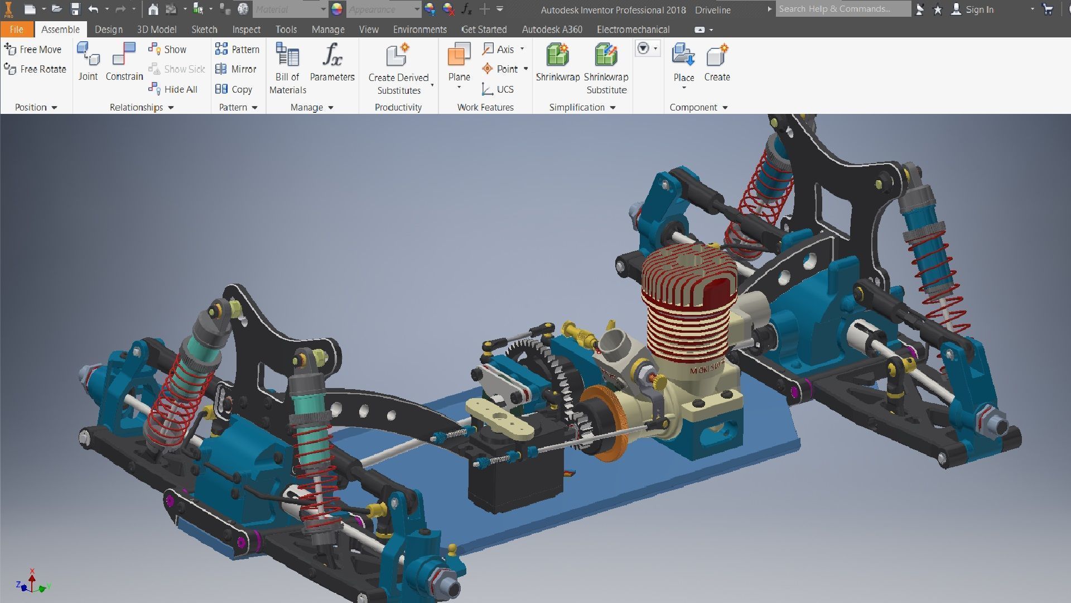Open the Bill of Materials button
tap(287, 56)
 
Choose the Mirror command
tap(237, 69)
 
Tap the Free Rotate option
tap(36, 69)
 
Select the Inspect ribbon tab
tap(246, 30)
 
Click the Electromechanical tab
tap(633, 30)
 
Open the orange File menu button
tap(16, 30)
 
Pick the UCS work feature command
tap(498, 89)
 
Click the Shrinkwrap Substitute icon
tap(606, 56)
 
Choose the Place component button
tap(683, 56)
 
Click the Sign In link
tap(979, 9)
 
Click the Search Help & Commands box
tap(842, 9)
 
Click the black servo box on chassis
tap(513, 475)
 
